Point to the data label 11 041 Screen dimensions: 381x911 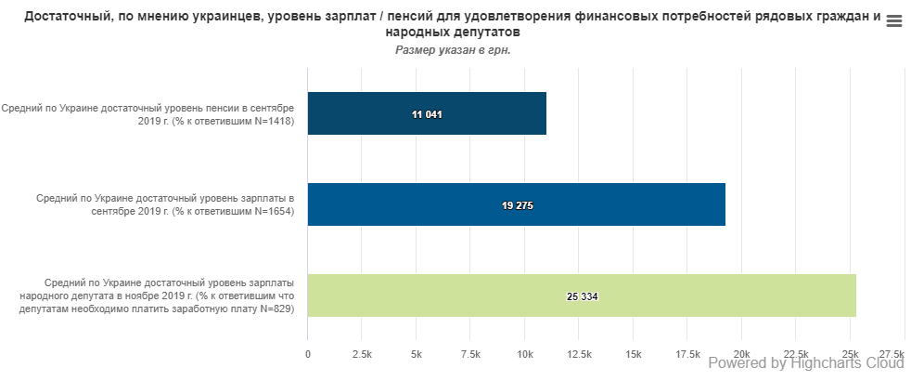[427, 114]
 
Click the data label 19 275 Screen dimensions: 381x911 [518, 205]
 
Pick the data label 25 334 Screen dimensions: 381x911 [583, 296]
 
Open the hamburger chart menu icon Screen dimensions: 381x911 [894, 22]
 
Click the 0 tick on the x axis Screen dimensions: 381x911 [308, 354]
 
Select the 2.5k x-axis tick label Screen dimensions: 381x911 [362, 354]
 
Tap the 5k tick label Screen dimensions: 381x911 [417, 354]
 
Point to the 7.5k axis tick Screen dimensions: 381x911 [470, 354]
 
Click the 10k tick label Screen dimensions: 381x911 [525, 354]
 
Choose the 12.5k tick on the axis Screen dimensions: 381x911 [579, 354]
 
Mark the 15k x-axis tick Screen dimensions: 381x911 [634, 354]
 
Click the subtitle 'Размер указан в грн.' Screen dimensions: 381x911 [454, 49]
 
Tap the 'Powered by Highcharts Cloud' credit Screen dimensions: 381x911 [805, 364]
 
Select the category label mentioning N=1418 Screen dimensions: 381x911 [148, 114]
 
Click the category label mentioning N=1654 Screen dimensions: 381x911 [165, 204]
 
